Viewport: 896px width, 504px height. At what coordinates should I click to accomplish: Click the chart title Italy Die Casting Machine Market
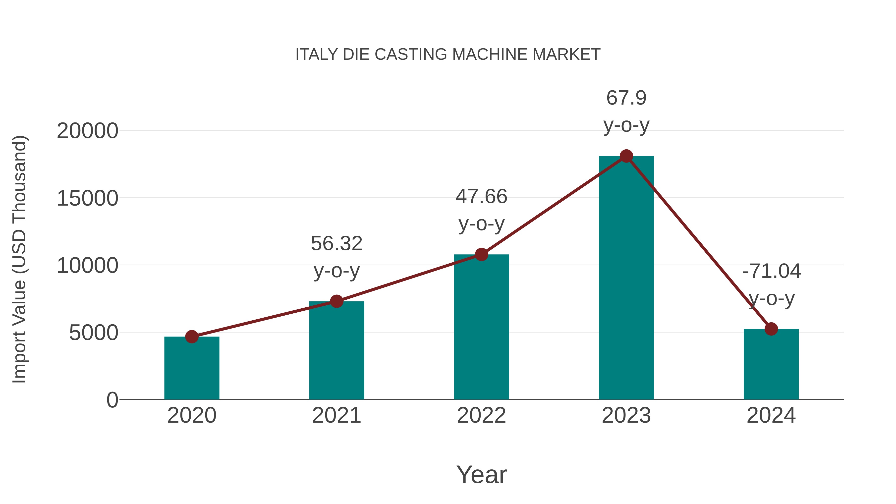tap(448, 55)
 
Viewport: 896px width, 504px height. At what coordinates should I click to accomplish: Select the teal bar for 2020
tap(192, 369)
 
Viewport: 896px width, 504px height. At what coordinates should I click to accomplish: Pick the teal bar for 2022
tap(481, 327)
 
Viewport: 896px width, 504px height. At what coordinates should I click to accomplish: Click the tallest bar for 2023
tap(626, 278)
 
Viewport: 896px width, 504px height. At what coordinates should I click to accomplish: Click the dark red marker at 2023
tap(626, 156)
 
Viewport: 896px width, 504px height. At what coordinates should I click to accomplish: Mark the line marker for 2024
tap(771, 329)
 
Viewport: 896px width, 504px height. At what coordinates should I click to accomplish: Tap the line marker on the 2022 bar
tap(481, 255)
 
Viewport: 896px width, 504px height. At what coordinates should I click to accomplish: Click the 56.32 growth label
tap(336, 243)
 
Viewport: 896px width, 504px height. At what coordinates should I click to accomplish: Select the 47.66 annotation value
tap(481, 197)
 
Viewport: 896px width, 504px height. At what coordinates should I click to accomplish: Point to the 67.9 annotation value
tap(626, 98)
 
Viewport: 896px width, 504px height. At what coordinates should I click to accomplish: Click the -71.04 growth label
tap(771, 271)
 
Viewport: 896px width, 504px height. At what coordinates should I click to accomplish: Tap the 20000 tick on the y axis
tap(87, 131)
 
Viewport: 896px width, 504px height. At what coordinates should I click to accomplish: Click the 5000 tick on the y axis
tap(94, 333)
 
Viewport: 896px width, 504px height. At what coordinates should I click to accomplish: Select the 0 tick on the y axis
tap(112, 400)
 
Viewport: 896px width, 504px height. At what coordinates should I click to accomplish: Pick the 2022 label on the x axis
tap(481, 416)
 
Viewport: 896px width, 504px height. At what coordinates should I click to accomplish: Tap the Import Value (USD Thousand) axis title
tap(19, 259)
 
